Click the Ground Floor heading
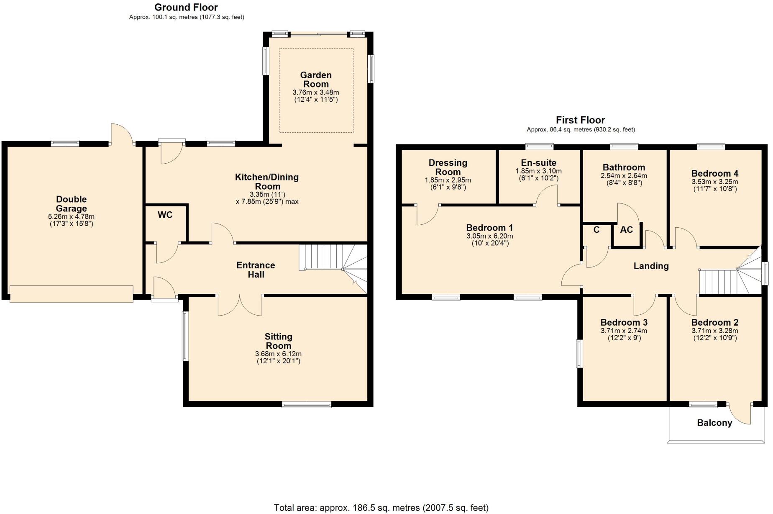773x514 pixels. (x=186, y=7)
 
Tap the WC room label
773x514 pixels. (x=165, y=215)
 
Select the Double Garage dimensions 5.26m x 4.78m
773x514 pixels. (x=71, y=217)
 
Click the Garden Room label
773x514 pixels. (x=316, y=80)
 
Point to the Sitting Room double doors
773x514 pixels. (x=240, y=306)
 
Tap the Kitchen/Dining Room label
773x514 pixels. (x=267, y=182)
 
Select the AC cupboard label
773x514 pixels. (x=626, y=230)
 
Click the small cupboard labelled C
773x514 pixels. (x=596, y=230)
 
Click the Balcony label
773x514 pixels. (x=714, y=423)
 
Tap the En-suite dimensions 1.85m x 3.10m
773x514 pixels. (x=538, y=171)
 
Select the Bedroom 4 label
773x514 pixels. (x=714, y=173)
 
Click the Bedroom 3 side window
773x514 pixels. (x=579, y=354)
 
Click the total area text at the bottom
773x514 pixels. (x=381, y=508)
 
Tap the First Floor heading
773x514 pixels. (x=580, y=120)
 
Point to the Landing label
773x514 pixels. (x=651, y=266)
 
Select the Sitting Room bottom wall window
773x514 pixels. (x=306, y=404)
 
